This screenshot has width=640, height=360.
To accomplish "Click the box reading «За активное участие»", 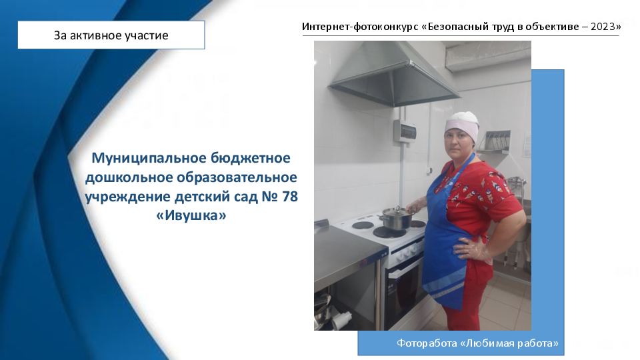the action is coord(111,35).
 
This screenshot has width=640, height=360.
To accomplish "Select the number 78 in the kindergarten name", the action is coord(290,196).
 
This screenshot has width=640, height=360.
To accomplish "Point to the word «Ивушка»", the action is coord(191,215).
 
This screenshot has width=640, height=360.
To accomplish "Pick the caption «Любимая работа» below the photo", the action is coord(509,343).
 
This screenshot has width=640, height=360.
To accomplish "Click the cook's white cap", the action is coord(463,125).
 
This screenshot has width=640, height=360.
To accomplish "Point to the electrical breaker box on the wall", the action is coord(405,131).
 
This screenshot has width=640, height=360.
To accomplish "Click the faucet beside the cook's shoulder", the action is coord(515,181).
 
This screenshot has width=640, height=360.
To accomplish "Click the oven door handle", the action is coord(405,267).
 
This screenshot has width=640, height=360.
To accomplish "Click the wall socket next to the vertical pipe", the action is coord(429,171).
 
